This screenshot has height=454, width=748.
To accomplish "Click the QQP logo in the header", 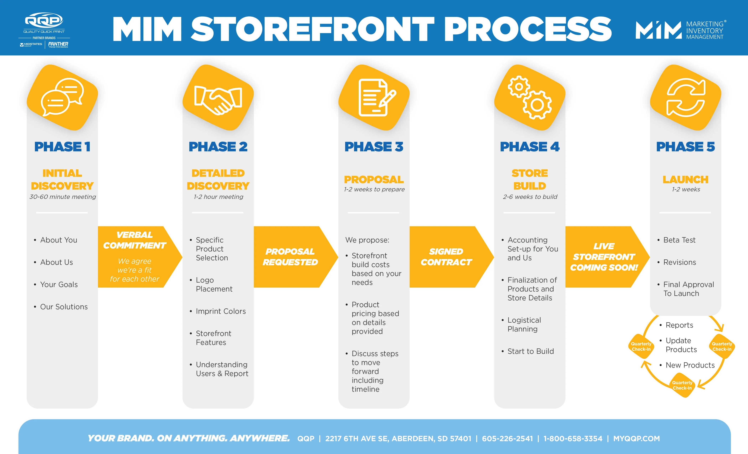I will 44,21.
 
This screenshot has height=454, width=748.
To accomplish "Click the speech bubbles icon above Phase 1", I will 62,97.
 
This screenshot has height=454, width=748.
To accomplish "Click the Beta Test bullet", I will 679,240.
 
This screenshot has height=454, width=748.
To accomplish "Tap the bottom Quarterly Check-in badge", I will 682,385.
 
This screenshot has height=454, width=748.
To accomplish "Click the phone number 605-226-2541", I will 507,439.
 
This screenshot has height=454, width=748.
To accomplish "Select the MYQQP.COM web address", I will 636,439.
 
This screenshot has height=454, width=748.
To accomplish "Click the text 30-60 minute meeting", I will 63,197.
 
